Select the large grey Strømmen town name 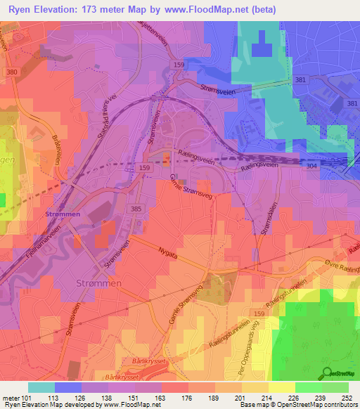point(99,283)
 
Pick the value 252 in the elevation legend point(347,397)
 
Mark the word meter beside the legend point(12,397)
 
